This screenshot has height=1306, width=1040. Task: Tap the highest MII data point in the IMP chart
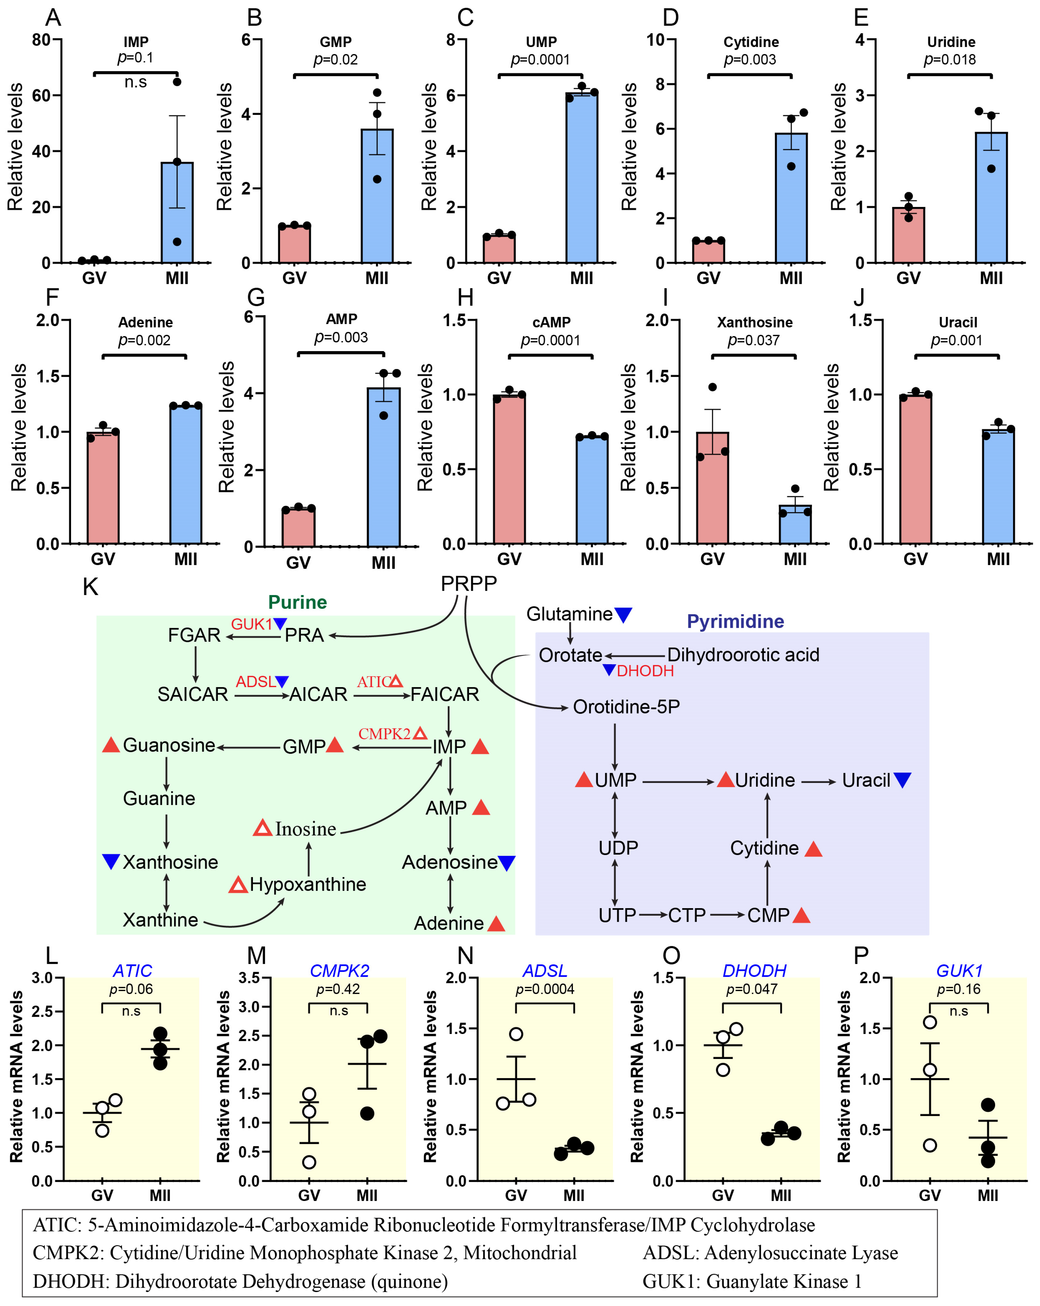pos(177,82)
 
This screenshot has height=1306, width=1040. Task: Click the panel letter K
pos(90,586)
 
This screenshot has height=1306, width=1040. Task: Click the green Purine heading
pos(298,602)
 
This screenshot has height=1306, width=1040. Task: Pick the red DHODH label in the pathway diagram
pos(645,671)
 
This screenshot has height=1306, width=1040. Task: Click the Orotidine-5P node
pos(626,707)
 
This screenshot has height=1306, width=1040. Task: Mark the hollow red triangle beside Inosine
pos(262,828)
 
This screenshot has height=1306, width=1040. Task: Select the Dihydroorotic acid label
pos(743,655)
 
